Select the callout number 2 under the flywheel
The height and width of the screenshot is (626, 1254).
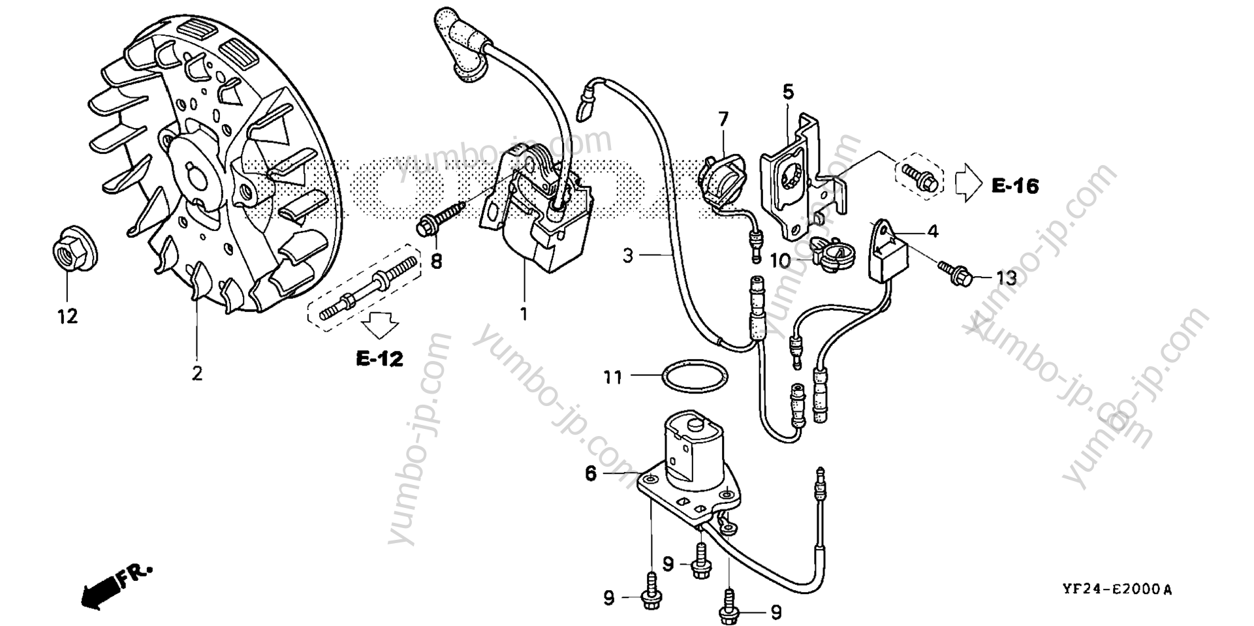pyautogui.click(x=196, y=374)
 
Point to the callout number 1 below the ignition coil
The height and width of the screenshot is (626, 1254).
pyautogui.click(x=523, y=314)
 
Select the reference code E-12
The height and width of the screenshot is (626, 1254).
pyautogui.click(x=379, y=358)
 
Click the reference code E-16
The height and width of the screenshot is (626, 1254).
pyautogui.click(x=1015, y=186)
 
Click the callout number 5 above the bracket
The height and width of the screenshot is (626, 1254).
pyautogui.click(x=788, y=92)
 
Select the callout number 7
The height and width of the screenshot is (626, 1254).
pyautogui.click(x=723, y=119)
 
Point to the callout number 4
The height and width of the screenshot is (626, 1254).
pyautogui.click(x=933, y=231)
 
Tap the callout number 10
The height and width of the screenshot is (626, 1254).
pyautogui.click(x=780, y=261)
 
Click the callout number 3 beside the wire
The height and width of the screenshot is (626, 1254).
pyautogui.click(x=628, y=255)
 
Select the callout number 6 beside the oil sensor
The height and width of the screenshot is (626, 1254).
pyautogui.click(x=591, y=473)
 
